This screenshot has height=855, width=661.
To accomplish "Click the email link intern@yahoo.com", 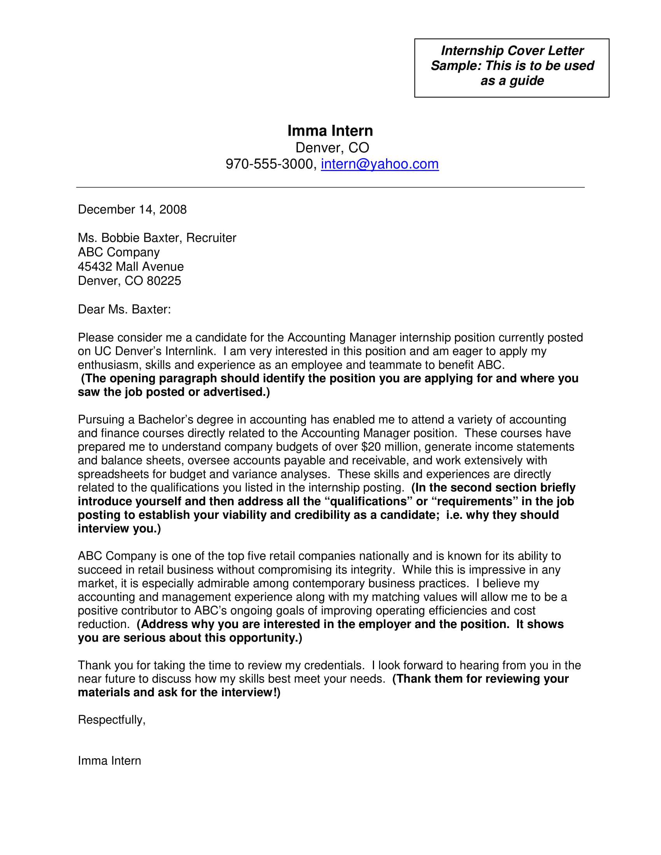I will [x=379, y=164].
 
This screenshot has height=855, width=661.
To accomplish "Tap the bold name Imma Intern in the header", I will [x=330, y=131].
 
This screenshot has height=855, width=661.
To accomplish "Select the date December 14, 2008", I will [x=132, y=209].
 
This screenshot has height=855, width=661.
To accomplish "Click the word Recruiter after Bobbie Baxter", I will [x=211, y=238].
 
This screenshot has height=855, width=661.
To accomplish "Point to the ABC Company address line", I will [x=119, y=252].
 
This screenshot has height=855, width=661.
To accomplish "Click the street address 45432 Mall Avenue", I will [x=130, y=267].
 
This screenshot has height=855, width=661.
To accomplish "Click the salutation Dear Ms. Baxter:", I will [x=124, y=309].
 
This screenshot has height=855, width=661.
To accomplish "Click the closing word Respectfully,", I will [x=112, y=719].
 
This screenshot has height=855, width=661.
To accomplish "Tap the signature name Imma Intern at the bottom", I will [x=109, y=761].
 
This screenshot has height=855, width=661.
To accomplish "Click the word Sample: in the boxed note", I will [x=456, y=66].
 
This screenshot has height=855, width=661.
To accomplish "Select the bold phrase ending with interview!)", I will [x=179, y=693].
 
